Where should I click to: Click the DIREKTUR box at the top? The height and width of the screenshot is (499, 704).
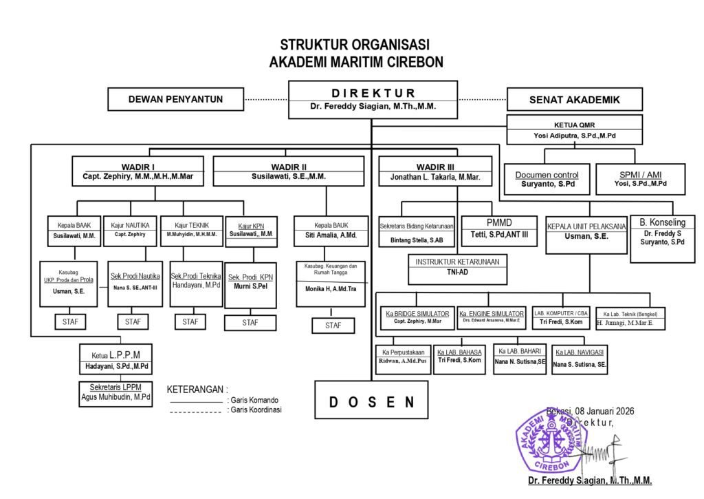(373, 100)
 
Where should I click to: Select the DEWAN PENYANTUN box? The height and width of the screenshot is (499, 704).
(175, 99)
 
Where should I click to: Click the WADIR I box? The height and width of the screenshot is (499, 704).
(137, 171)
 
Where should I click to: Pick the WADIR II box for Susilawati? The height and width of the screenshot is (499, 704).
(289, 171)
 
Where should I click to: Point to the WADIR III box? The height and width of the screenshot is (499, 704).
(435, 171)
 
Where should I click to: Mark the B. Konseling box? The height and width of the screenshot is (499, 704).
(663, 238)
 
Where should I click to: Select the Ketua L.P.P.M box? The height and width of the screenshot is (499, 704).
(117, 360)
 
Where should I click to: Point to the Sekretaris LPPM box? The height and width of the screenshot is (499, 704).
(115, 392)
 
